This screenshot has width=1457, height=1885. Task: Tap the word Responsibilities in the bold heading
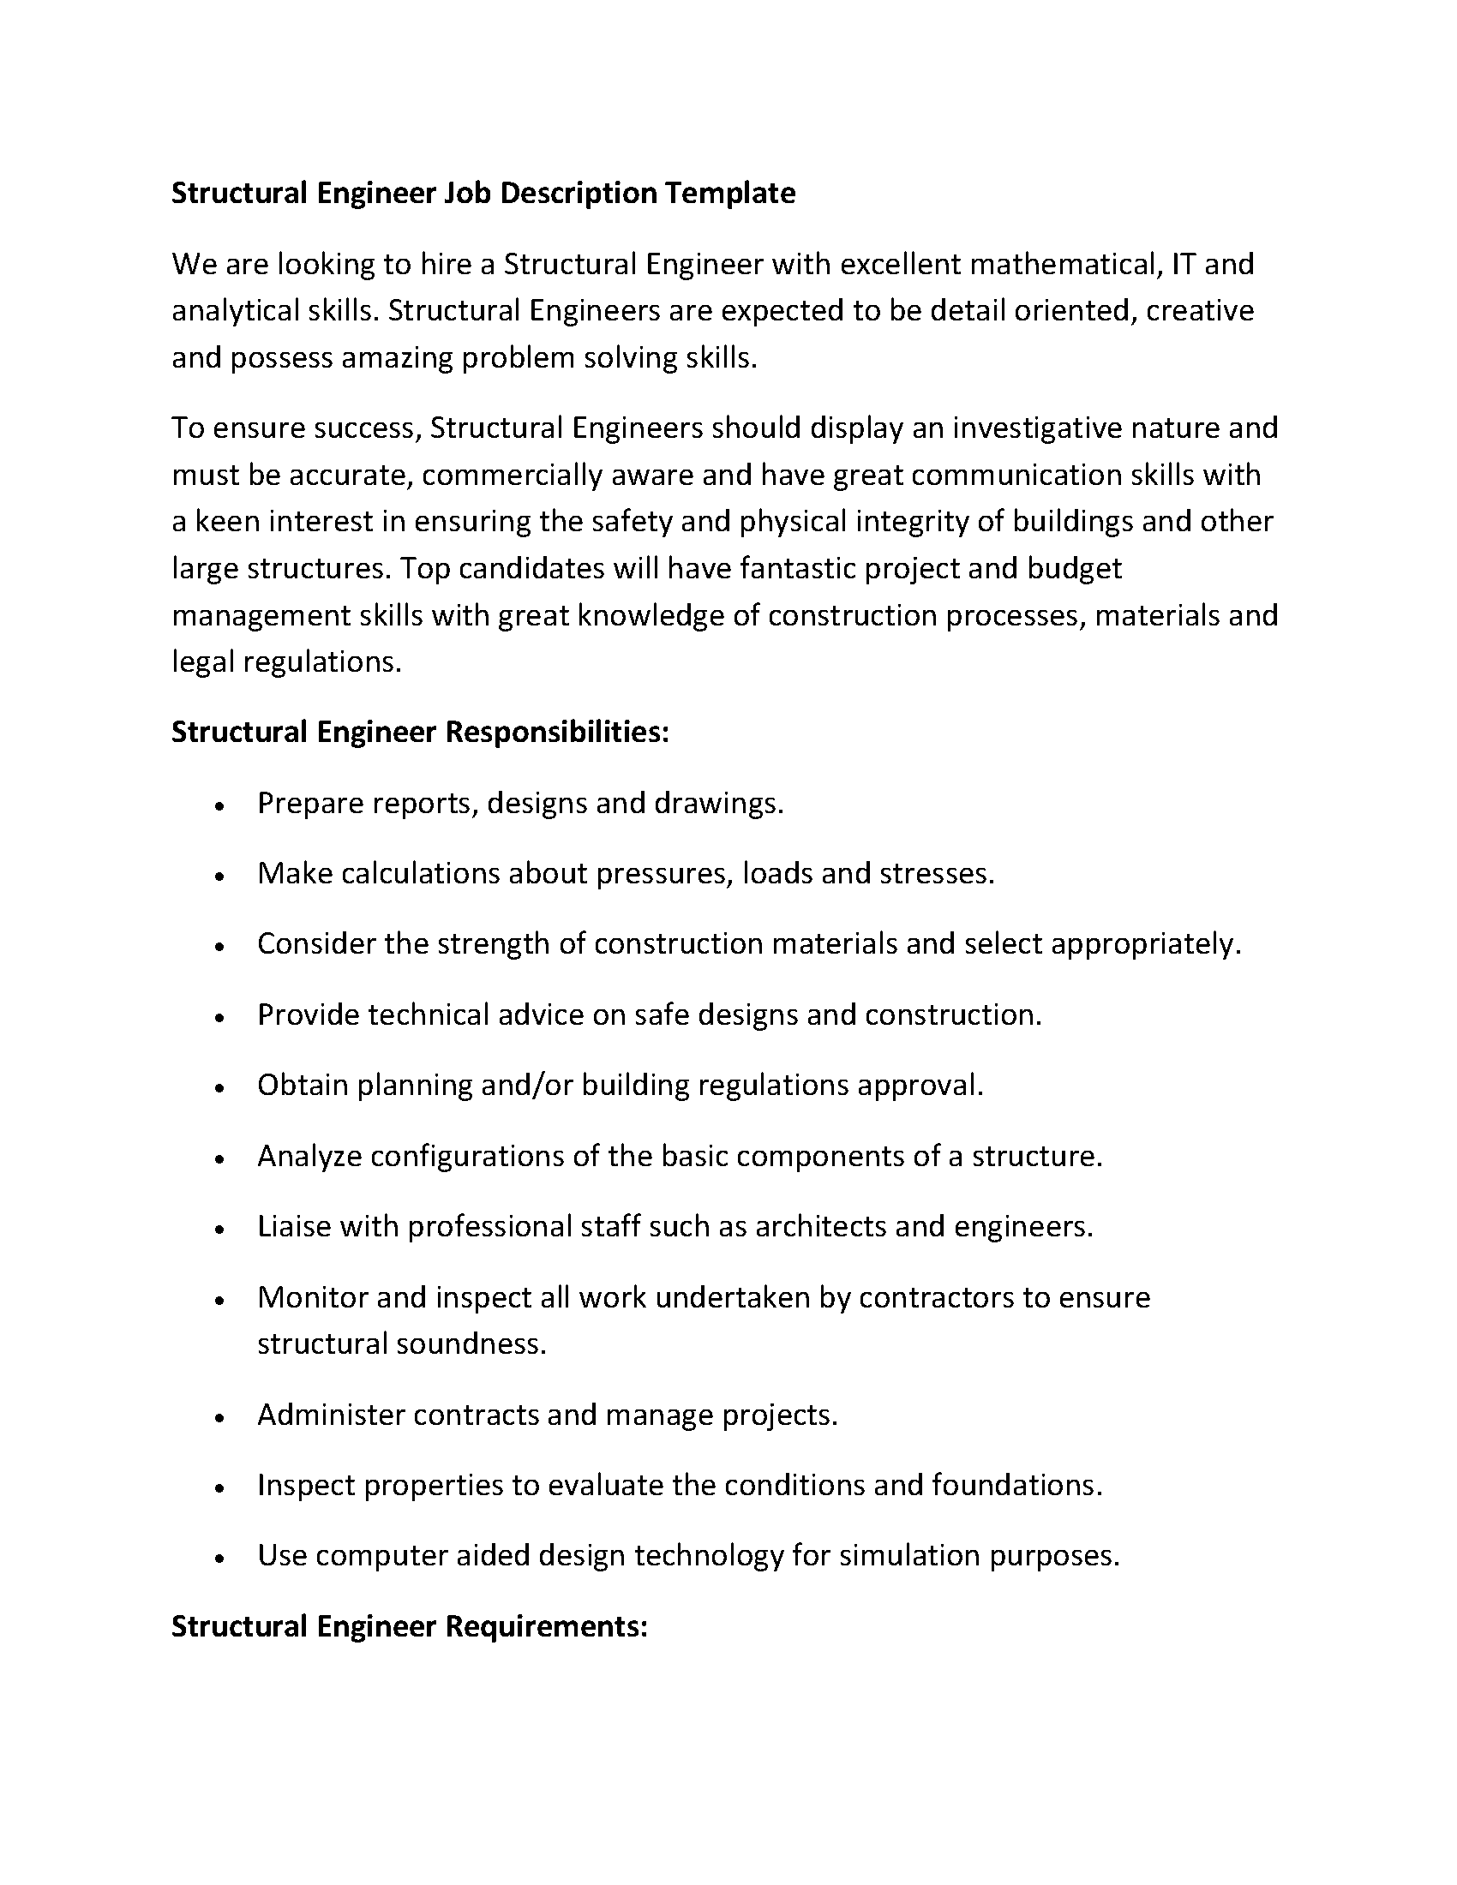tap(557, 732)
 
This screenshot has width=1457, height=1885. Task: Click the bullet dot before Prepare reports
tap(221, 806)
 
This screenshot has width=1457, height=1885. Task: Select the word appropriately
tap(1144, 944)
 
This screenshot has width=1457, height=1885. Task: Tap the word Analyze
tap(309, 1157)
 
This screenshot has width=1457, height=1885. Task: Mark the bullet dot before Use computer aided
tap(221, 1559)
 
